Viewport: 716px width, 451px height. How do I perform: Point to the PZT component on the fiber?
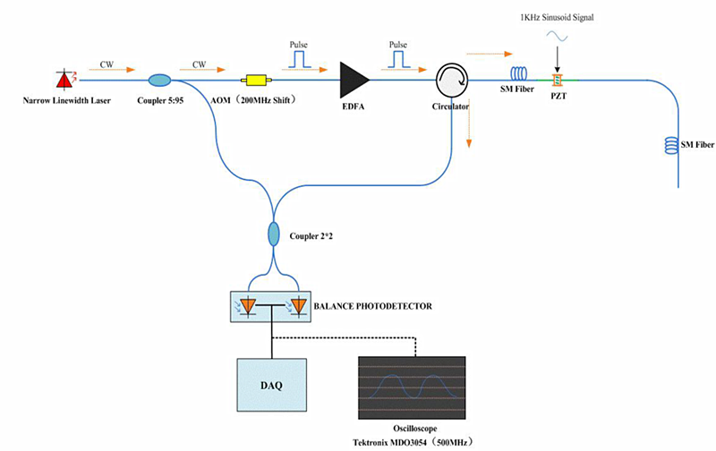556,81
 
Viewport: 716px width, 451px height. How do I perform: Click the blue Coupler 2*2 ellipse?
274,235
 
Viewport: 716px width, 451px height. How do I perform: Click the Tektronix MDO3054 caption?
411,442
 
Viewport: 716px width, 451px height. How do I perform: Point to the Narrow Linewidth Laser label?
68,99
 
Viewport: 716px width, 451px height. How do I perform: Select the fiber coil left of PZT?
520,76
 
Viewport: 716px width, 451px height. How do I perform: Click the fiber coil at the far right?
667,143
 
